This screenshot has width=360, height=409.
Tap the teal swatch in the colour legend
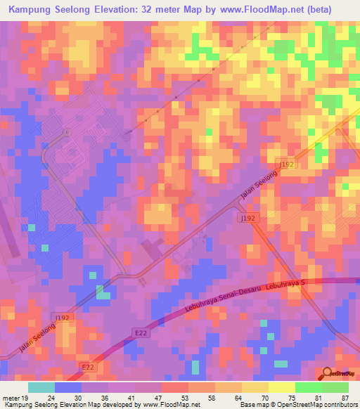(x=41, y=387)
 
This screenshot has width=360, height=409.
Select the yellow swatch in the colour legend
(x=281, y=387)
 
